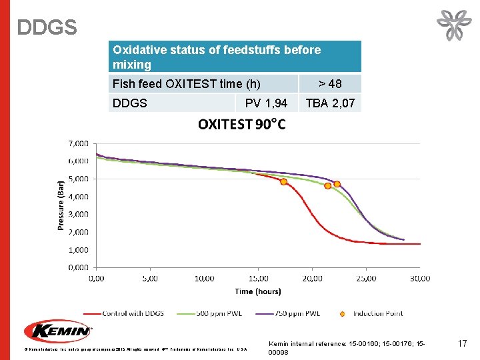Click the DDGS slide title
(47, 27)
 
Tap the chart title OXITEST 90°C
(242, 125)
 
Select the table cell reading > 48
(329, 84)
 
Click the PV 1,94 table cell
(266, 103)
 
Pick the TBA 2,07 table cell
(329, 103)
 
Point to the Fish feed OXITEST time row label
(187, 84)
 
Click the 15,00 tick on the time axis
(258, 278)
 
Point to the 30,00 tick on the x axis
(419, 278)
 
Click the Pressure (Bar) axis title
(61, 205)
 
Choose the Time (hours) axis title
(257, 291)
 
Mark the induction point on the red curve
(283, 181)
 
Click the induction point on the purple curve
(337, 184)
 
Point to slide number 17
(462, 343)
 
